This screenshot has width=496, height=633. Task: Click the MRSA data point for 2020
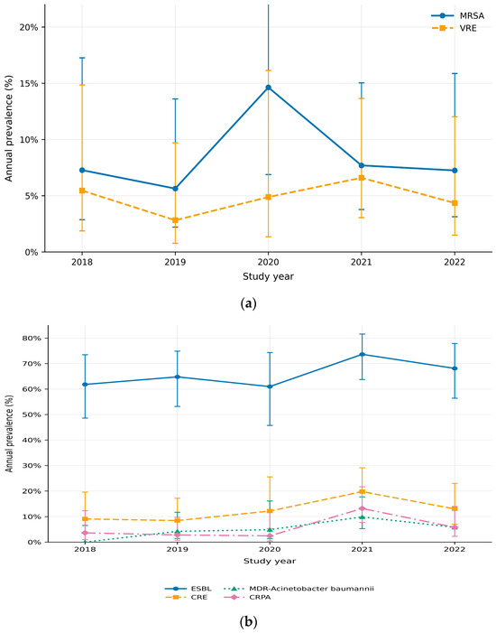[x=268, y=88]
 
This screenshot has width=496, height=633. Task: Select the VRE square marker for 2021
[x=362, y=178]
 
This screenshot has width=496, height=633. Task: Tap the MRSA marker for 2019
[x=175, y=189]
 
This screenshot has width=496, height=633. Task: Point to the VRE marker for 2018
[x=82, y=191]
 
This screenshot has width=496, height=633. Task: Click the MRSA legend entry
[x=458, y=15]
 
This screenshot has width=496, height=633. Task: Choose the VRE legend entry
[x=454, y=28]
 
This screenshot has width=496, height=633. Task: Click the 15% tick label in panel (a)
[x=30, y=84]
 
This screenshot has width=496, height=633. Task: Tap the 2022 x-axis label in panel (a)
[x=455, y=262]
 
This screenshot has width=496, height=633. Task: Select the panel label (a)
[x=248, y=303]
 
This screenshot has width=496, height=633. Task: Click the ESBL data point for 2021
[x=362, y=355]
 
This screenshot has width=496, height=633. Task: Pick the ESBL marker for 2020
[x=270, y=386]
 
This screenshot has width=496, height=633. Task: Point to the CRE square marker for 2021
[x=362, y=491]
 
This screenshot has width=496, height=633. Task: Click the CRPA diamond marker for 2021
[x=362, y=508]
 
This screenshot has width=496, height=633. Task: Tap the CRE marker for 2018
[x=85, y=518]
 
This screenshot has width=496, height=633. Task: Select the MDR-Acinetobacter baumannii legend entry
[x=299, y=589]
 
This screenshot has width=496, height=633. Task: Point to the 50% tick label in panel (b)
[x=33, y=414]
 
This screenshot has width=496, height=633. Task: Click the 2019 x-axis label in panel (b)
[x=177, y=549]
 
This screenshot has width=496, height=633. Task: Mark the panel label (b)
[x=248, y=621]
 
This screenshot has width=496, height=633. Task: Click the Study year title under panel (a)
[x=268, y=276]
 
